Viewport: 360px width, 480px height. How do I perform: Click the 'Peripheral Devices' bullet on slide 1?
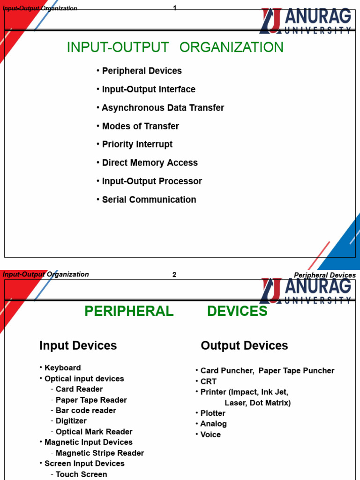click(x=142, y=71)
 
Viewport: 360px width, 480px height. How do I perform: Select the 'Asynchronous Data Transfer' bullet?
click(x=163, y=108)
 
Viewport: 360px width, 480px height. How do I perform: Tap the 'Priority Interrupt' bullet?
click(x=137, y=144)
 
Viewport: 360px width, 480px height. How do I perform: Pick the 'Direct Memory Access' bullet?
click(x=150, y=163)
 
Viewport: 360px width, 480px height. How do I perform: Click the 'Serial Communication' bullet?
click(x=149, y=200)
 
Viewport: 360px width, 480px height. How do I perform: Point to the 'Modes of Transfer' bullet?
click(x=140, y=126)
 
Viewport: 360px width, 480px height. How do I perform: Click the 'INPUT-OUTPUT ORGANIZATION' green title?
click(x=175, y=47)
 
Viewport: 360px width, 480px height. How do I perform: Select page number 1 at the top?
click(x=175, y=8)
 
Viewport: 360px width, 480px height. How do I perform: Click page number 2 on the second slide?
click(x=174, y=275)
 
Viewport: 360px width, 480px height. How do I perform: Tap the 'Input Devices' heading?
click(x=78, y=346)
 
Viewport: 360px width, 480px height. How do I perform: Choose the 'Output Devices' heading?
click(x=244, y=346)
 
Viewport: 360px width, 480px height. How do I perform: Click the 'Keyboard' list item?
click(x=62, y=368)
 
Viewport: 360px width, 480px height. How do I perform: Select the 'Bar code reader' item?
click(x=86, y=410)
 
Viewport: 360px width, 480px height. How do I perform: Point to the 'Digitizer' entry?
click(x=71, y=421)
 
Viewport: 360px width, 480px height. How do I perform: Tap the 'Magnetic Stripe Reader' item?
click(x=99, y=453)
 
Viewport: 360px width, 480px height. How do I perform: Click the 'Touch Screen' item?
click(x=81, y=474)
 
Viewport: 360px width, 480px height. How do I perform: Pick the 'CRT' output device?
click(x=208, y=382)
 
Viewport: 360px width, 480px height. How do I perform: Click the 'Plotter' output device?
click(x=213, y=413)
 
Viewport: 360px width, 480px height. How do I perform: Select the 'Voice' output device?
click(x=210, y=435)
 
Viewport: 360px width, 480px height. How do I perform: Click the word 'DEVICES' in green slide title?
click(x=237, y=311)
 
